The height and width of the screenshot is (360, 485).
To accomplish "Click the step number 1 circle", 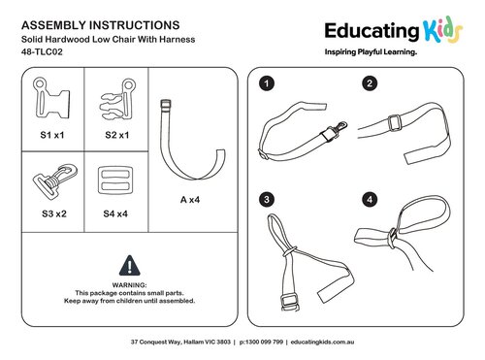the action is (x=267, y=84).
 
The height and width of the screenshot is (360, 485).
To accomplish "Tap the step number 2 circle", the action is (x=370, y=83).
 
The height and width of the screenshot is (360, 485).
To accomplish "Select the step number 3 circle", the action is (x=267, y=199).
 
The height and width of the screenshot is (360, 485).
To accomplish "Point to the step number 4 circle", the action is (x=370, y=199).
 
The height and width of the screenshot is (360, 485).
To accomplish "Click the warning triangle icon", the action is (x=130, y=266).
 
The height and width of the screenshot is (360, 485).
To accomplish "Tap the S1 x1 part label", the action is (x=52, y=135).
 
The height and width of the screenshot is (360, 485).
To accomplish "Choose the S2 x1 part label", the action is (x=117, y=135).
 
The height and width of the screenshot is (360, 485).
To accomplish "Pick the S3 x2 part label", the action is (x=54, y=213).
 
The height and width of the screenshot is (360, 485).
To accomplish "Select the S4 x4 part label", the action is (x=115, y=213).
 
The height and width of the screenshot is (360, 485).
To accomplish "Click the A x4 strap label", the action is (x=190, y=200).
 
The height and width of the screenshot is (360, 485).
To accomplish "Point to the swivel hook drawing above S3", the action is (x=55, y=180).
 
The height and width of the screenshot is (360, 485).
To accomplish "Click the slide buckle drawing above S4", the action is (x=115, y=180).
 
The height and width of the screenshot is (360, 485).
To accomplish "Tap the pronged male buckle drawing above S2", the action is (x=117, y=99).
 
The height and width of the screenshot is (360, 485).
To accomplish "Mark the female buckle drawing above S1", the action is (x=51, y=98).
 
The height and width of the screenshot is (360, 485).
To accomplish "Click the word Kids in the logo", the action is (x=443, y=31).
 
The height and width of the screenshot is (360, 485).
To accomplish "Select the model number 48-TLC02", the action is (x=42, y=51).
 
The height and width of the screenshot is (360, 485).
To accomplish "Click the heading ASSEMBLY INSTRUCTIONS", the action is (x=101, y=25).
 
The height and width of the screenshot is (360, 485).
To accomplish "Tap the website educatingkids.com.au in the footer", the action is (x=322, y=342).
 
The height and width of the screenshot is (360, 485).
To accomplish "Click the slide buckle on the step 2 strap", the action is (x=395, y=123).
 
